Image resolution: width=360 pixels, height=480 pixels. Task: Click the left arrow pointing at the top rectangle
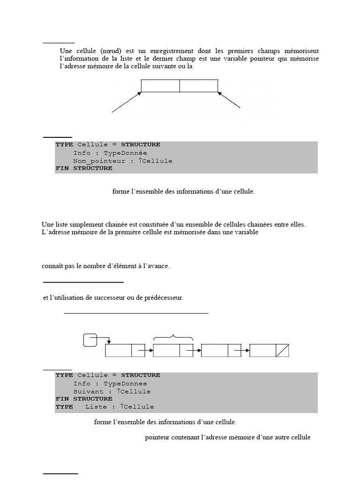[x=126, y=102]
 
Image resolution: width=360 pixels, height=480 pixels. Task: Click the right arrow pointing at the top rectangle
[x=230, y=100]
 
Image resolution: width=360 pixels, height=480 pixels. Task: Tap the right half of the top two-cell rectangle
[x=199, y=86]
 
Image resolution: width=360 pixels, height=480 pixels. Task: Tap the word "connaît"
[x=52, y=266]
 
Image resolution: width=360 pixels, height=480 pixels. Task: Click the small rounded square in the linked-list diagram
[x=90, y=340]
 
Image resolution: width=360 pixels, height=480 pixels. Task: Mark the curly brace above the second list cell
[x=173, y=337]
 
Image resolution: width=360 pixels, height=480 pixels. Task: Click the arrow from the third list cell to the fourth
[x=242, y=350]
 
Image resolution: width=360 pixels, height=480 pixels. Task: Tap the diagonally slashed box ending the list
[x=282, y=351]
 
